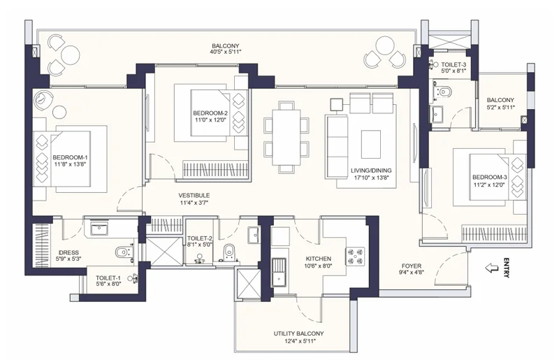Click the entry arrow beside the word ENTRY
[493, 268]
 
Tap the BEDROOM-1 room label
[71, 157]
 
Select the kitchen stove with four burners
[355, 256]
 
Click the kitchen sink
[279, 272]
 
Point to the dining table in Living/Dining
[286, 138]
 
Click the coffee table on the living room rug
[371, 144]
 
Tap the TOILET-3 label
[453, 64]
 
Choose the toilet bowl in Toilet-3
[443, 92]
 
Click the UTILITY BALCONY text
[299, 333]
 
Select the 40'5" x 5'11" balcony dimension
[225, 52]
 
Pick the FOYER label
[412, 266]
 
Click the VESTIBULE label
[194, 196]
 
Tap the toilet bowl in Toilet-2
[228, 252]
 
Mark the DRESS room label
[68, 252]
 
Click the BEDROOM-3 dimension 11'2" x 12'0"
[489, 185]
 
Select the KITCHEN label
[319, 259]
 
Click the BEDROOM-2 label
[210, 113]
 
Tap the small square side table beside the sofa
[336, 105]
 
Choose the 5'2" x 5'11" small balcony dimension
[500, 107]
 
